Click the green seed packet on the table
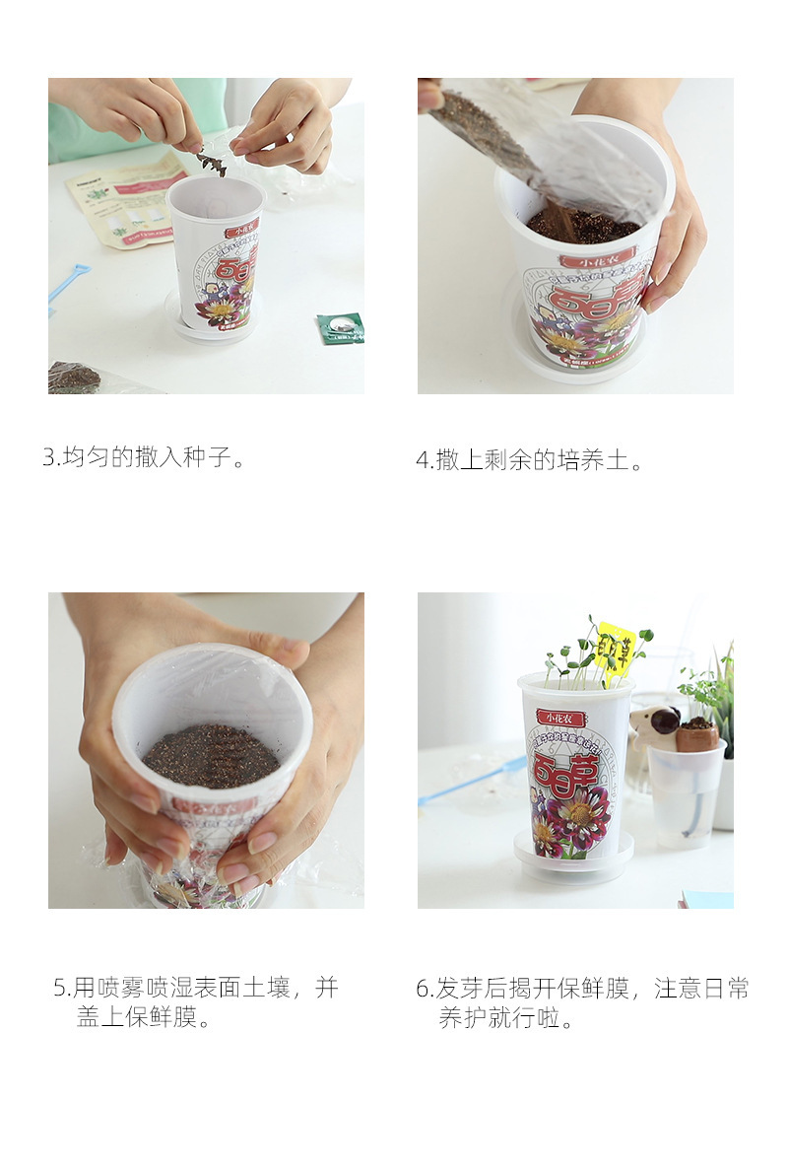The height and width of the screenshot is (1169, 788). point(341,327)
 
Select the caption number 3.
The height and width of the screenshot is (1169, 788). point(49,457)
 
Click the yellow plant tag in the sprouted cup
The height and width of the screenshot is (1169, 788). point(616,648)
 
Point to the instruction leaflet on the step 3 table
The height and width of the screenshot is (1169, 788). point(123,202)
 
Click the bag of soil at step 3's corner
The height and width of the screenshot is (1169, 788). point(75,378)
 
